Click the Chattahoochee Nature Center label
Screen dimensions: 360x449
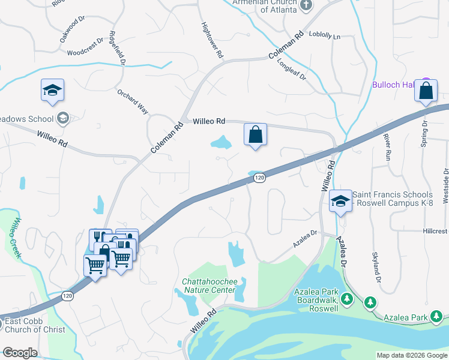209,286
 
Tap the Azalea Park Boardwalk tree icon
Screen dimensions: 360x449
346,298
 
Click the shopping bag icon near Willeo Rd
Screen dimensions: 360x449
255,134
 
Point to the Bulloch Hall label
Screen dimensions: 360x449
394,85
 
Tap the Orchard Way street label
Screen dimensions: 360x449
133,102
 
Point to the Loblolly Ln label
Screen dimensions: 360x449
324,36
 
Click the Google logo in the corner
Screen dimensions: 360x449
20,353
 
